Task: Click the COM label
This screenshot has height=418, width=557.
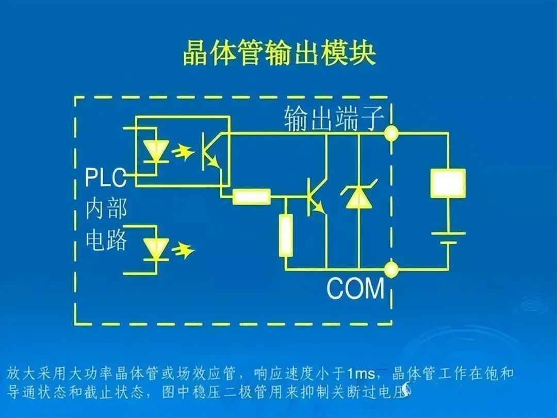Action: click(355, 288)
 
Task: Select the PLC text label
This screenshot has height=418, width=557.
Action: click(106, 179)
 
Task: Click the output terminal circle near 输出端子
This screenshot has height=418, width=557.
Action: click(391, 133)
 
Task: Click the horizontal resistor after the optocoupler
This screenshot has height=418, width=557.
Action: click(251, 197)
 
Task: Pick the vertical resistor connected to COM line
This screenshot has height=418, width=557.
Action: click(285, 235)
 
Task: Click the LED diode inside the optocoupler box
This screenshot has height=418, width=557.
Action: click(153, 151)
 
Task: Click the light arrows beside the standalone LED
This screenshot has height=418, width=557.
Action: click(183, 250)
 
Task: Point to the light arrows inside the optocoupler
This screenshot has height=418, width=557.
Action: click(182, 153)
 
